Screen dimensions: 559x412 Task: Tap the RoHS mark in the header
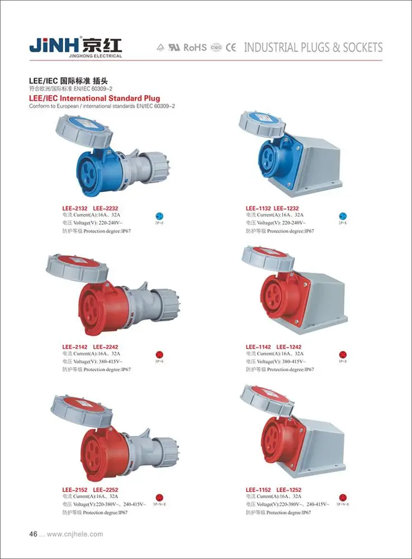pyautogui.click(x=195, y=48)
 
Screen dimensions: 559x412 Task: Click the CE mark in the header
pyautogui.click(x=231, y=48)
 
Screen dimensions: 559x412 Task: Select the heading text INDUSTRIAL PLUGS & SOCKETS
pyautogui.click(x=313, y=48)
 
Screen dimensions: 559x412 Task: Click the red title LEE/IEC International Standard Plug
pyautogui.click(x=94, y=98)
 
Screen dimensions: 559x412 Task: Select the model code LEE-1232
pyautogui.click(x=287, y=209)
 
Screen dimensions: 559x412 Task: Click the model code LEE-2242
pyautogui.click(x=106, y=347)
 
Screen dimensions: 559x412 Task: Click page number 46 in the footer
pyautogui.click(x=33, y=534)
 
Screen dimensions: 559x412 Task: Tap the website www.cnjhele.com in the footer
pyautogui.click(x=75, y=534)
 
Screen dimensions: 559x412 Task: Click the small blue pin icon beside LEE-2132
pyautogui.click(x=159, y=216)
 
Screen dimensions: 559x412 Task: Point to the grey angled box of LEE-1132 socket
pyautogui.click(x=313, y=159)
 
